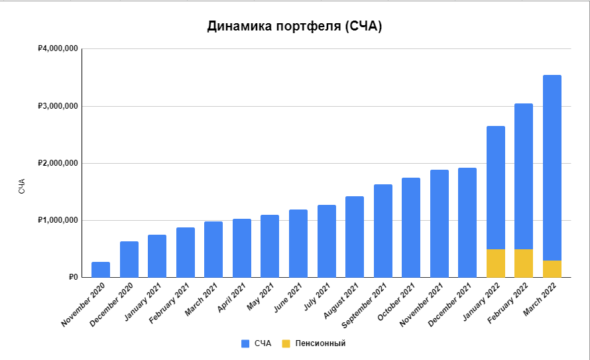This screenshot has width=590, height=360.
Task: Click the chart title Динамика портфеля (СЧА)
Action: (294, 27)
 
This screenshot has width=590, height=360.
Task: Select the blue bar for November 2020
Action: (101, 269)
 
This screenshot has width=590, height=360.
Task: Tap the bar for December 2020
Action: (129, 259)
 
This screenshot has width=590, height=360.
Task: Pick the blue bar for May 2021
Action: (270, 246)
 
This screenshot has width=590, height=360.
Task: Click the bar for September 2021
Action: (383, 231)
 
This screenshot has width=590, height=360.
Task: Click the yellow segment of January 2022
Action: (496, 263)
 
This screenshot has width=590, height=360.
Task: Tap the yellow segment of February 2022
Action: (524, 263)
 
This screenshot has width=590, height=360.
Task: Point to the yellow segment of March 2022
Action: (552, 269)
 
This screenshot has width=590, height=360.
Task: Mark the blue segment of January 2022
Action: (496, 188)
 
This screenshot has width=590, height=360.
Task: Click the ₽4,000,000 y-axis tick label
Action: (58, 49)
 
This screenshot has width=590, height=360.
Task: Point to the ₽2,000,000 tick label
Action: (58, 163)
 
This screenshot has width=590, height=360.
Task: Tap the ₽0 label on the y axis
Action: (73, 277)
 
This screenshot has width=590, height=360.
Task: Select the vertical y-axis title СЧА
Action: (22, 185)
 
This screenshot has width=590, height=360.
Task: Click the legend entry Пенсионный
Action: (320, 343)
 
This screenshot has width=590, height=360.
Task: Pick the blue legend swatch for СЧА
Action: (245, 343)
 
